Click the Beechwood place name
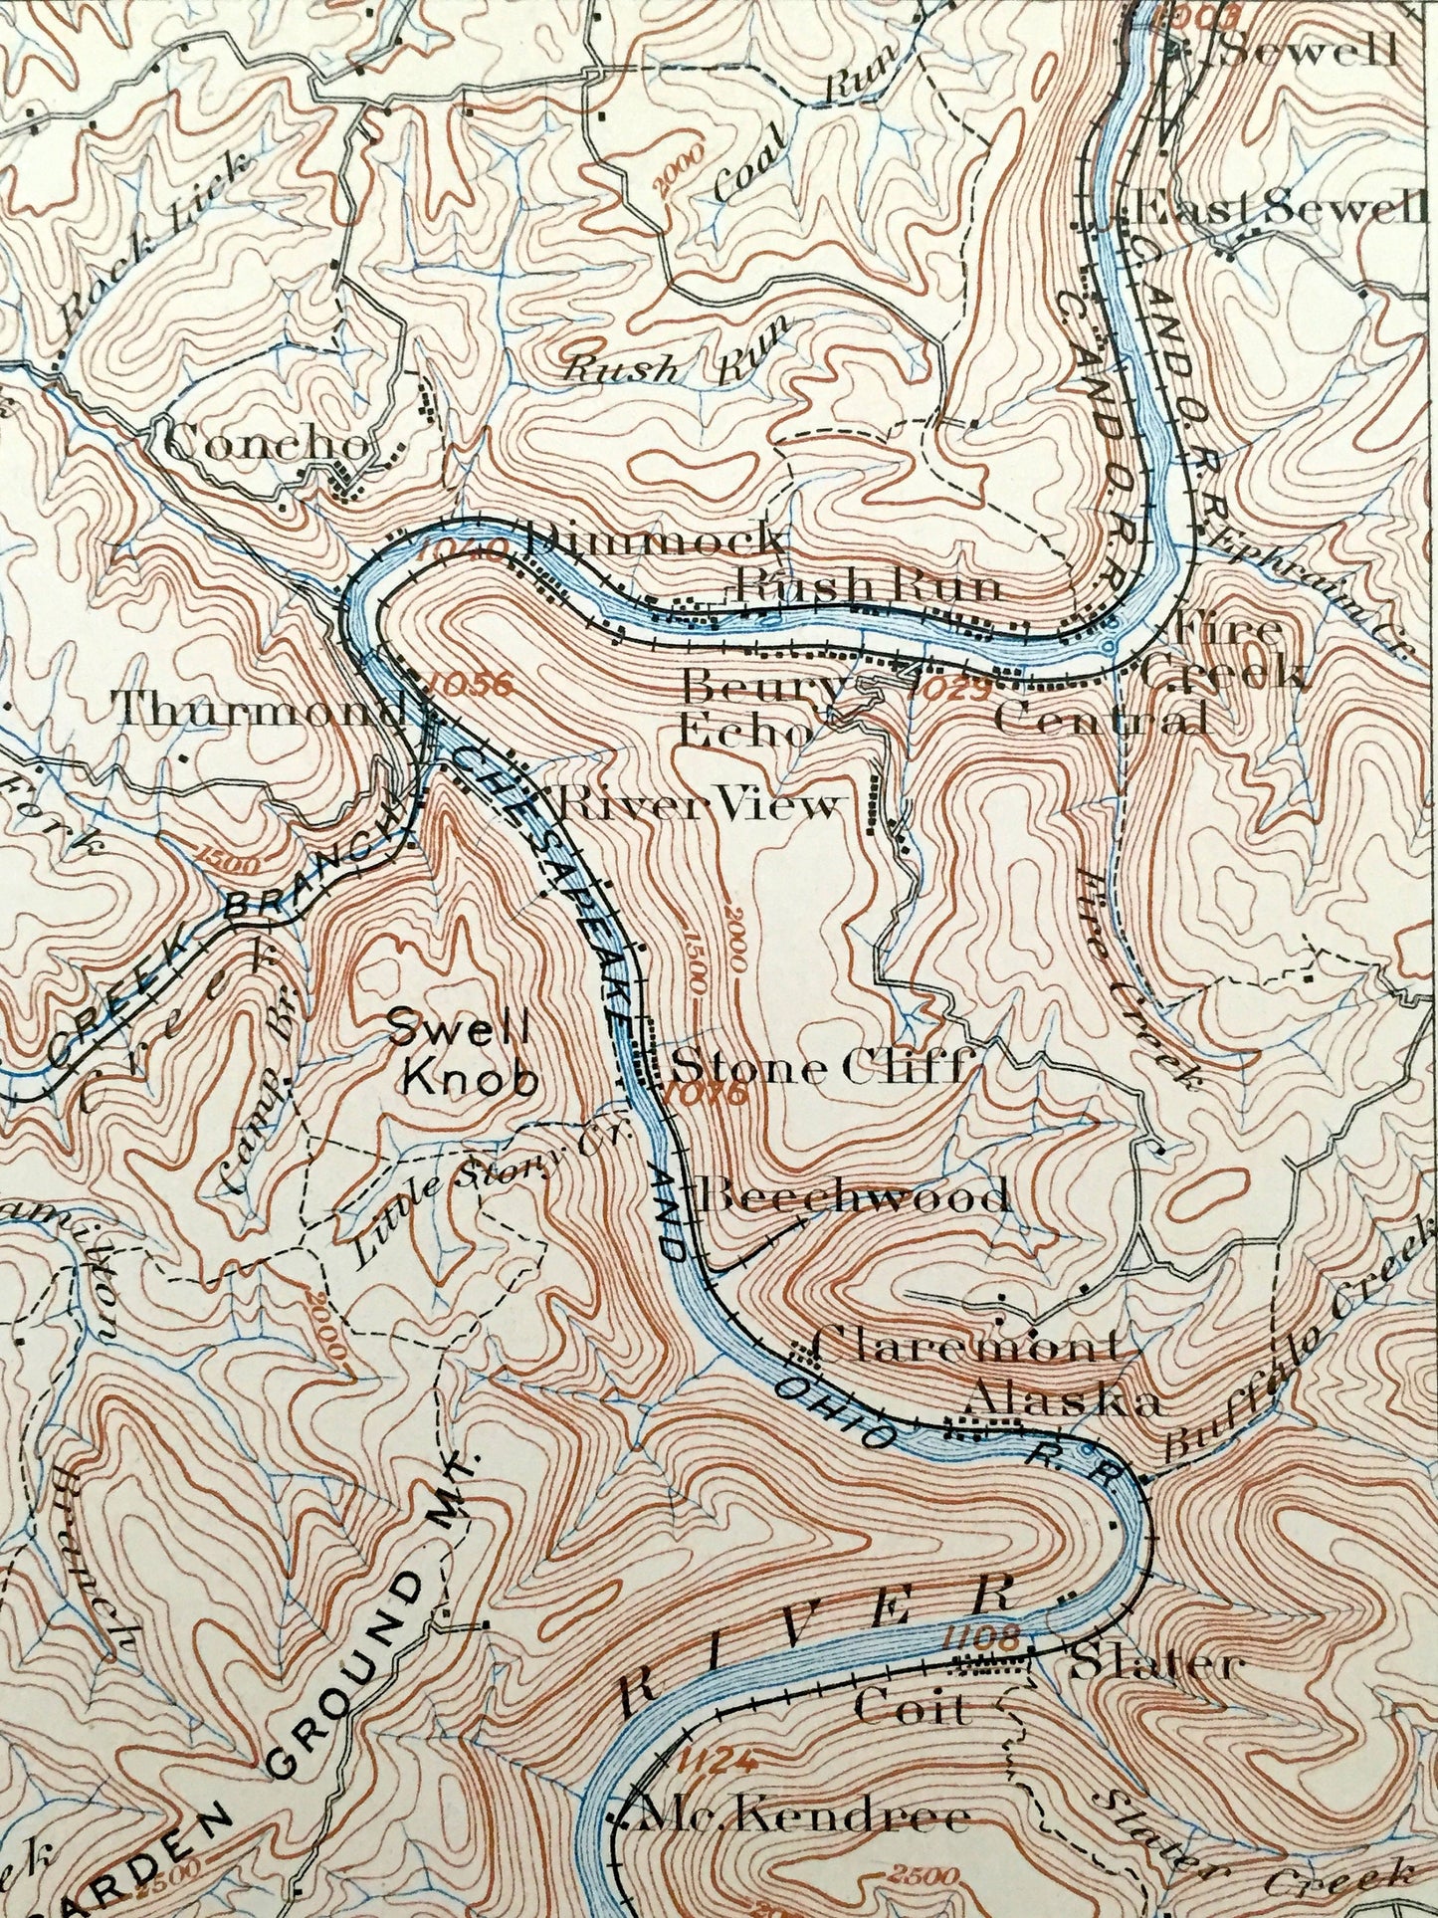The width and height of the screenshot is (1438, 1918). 852,1195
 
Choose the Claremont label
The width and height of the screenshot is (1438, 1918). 966,1348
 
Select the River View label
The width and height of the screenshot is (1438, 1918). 697,804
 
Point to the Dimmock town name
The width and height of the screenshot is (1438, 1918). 648,539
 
